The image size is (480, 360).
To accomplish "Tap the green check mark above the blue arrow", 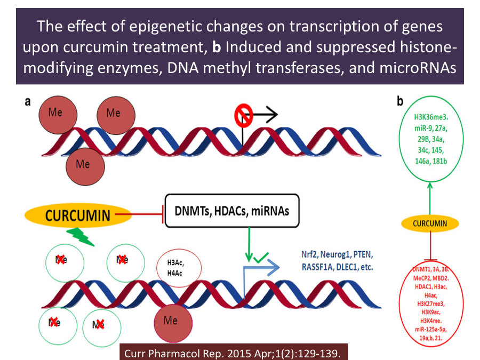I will (x=261, y=259).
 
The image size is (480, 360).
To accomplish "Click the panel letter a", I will (x=28, y=102).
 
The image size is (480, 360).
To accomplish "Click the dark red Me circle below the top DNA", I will (x=83, y=164).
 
